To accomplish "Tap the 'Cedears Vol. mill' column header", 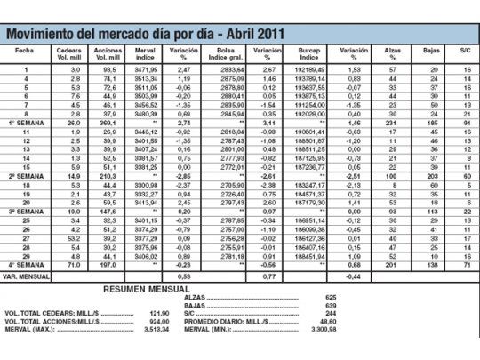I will tap(69, 55).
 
